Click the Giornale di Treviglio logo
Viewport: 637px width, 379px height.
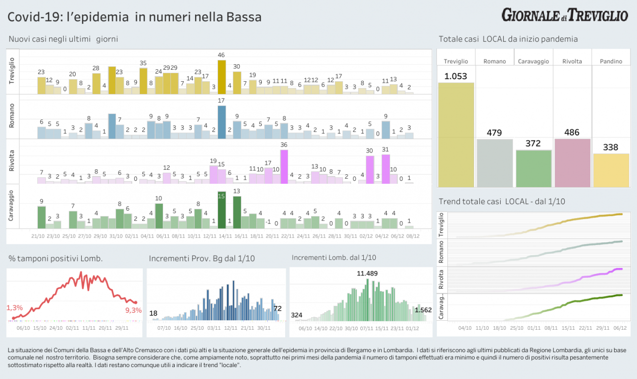pos(564,15)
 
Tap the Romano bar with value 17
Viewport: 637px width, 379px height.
pos(221,122)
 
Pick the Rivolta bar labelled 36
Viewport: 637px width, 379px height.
pos(284,167)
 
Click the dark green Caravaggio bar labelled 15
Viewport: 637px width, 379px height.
pos(221,210)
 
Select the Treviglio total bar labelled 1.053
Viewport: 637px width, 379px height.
pos(456,134)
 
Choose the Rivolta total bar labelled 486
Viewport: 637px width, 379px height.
pos(572,162)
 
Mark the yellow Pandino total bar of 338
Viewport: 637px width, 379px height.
pos(611,170)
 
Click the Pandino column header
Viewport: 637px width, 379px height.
pos(611,61)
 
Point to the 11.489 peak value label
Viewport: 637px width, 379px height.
pos(368,273)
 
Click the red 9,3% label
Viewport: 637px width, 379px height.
pos(133,310)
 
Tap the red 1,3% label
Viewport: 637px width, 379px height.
pos(15,308)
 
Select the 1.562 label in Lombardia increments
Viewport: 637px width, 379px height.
pos(423,310)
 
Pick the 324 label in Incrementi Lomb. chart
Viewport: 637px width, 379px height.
pos(297,315)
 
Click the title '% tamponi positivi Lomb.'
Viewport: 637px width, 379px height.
pos(56,258)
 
